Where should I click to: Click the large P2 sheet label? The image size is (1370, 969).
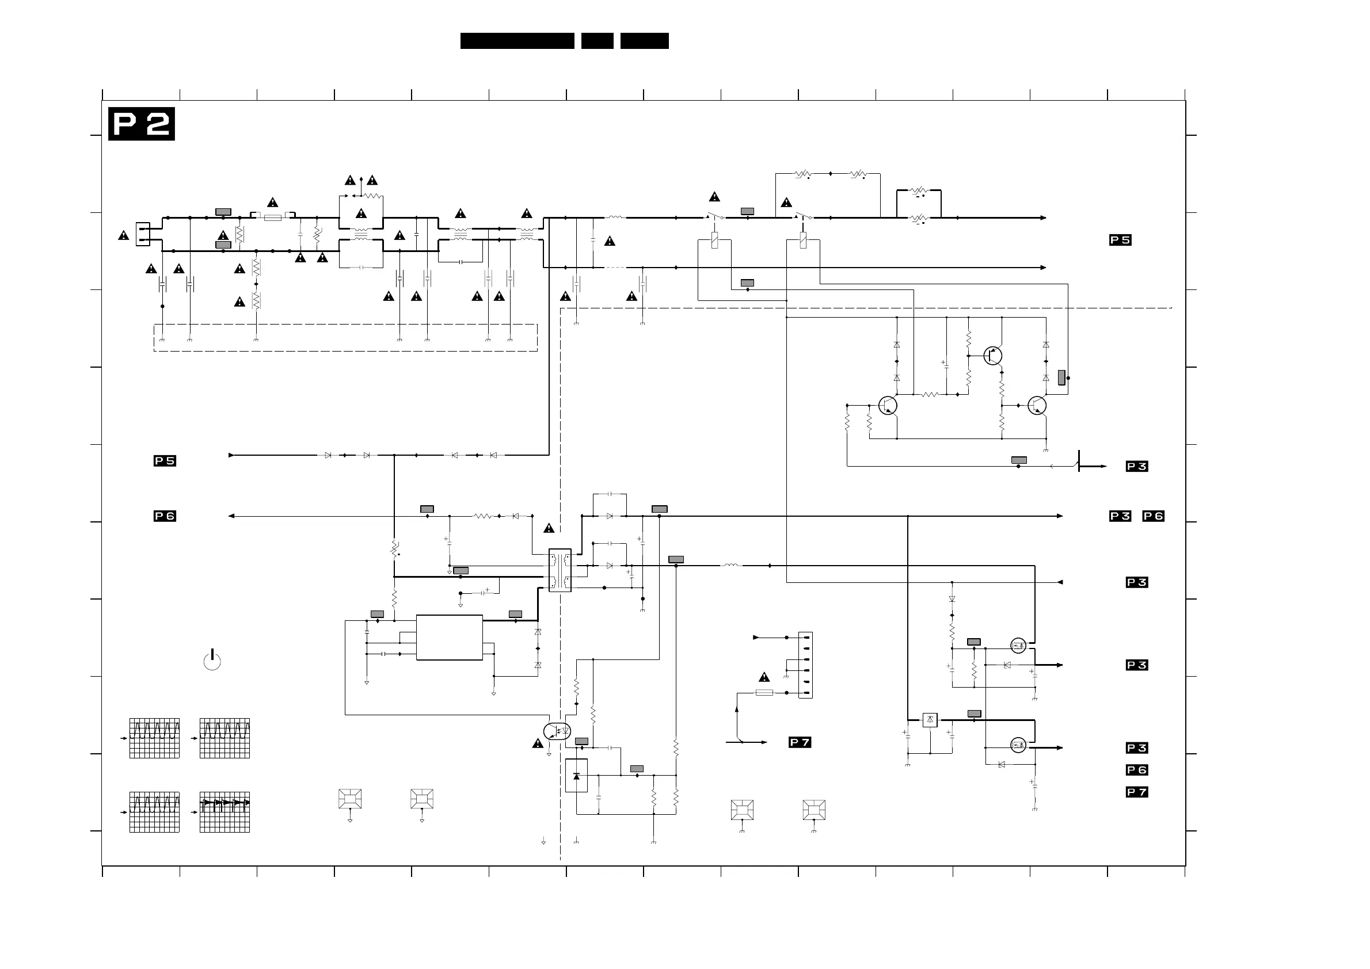[x=142, y=124]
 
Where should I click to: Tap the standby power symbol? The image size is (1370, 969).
[x=212, y=661]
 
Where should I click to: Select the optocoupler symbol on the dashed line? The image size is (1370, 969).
[x=557, y=731]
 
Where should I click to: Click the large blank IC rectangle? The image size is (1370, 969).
[x=449, y=637]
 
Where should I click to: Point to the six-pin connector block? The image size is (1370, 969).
[x=805, y=665]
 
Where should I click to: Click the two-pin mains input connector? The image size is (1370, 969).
[x=143, y=234]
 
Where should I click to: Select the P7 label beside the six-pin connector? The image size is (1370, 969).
[x=800, y=742]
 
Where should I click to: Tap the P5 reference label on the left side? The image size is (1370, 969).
[x=165, y=461]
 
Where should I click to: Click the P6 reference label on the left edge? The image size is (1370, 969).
[x=165, y=516]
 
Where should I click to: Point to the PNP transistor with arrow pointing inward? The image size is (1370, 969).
[x=993, y=356]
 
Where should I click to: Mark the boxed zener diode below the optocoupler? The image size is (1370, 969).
[x=576, y=776]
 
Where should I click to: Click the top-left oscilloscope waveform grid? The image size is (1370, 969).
[x=155, y=738]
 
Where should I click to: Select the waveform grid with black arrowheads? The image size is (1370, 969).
[x=224, y=812]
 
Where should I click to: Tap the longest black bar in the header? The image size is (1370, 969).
[x=517, y=41]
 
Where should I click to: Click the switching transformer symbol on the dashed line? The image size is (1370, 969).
[x=560, y=570]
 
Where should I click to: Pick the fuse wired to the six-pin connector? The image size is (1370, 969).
[x=764, y=693]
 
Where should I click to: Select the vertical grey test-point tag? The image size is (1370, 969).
[x=1061, y=377]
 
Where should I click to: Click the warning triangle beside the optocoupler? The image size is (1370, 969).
[x=538, y=744]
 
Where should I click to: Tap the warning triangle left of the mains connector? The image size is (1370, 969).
[x=124, y=236]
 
